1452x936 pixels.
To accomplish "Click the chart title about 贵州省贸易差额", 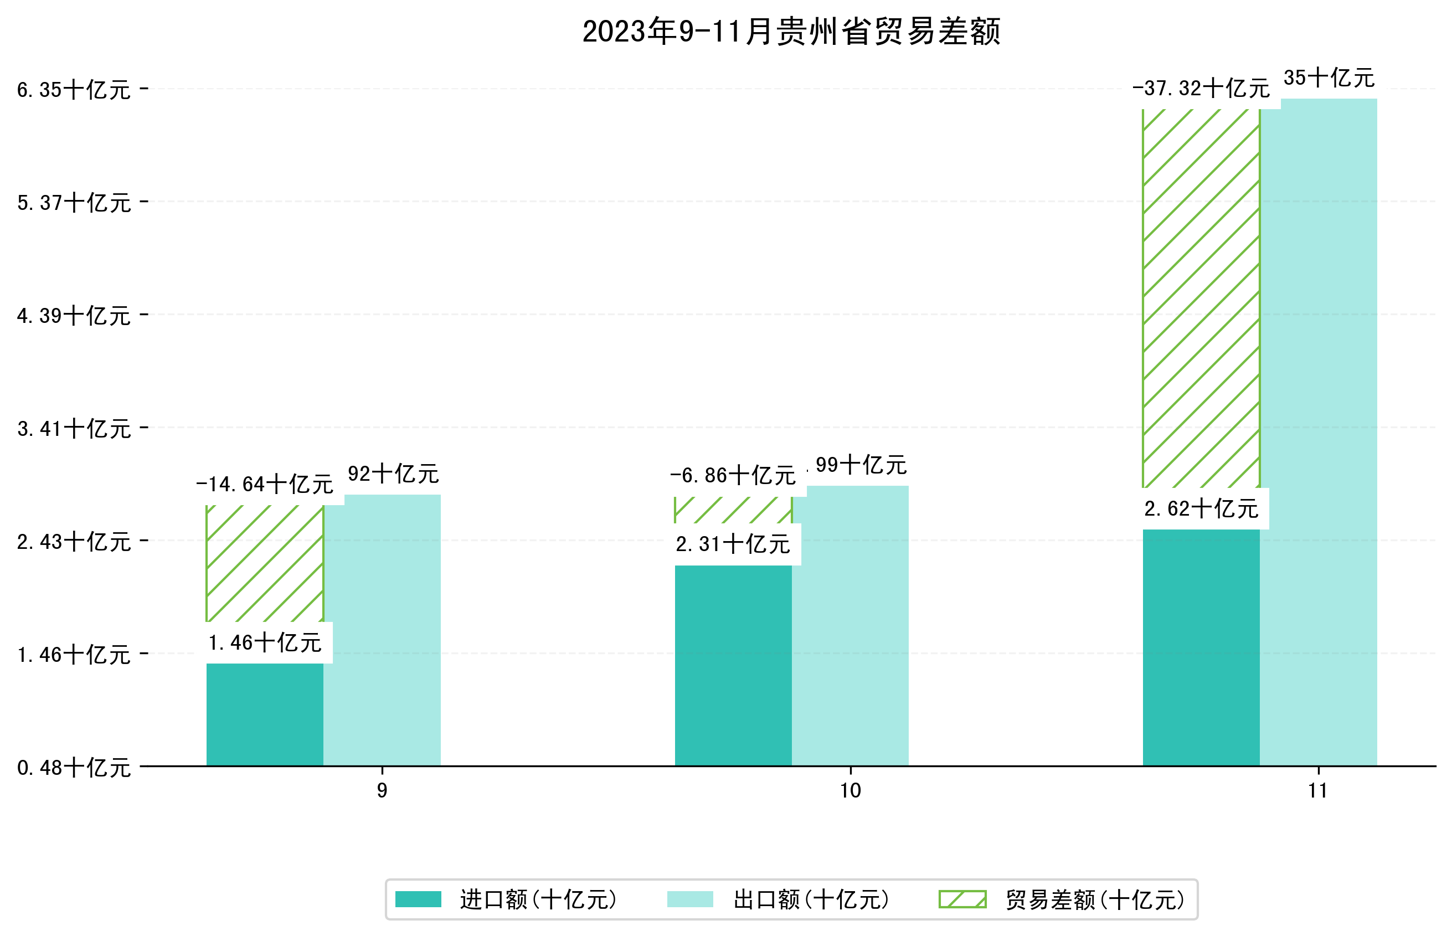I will click(x=791, y=32).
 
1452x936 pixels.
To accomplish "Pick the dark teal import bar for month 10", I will click(x=733, y=666).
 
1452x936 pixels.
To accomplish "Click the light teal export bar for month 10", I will click(x=850, y=626).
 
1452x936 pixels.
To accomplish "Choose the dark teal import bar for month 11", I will click(x=1201, y=647).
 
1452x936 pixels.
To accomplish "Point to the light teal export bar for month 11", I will click(x=1319, y=431).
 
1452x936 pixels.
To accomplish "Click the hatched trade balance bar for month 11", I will click(x=1201, y=298).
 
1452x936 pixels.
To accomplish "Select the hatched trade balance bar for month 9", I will click(x=265, y=563).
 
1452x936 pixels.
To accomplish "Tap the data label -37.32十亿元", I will click(x=1201, y=89).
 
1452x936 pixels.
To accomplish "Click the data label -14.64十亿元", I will click(x=265, y=485).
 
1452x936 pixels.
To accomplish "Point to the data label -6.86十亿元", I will click(x=733, y=475).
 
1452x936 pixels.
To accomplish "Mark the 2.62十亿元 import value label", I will click(x=1201, y=509).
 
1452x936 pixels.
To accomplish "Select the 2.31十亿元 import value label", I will click(x=733, y=544).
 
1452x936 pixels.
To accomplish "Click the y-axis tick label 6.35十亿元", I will click(x=74, y=90).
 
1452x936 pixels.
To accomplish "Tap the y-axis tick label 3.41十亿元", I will click(x=74, y=429).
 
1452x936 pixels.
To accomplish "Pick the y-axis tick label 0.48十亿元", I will click(x=74, y=768).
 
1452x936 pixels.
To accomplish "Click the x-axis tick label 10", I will click(x=850, y=791).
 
